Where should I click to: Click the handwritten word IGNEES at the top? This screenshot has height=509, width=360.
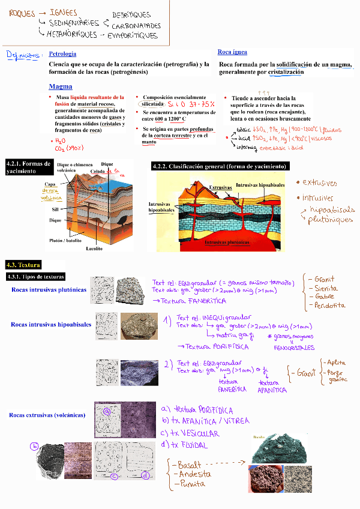pyautogui.click(x=64, y=12)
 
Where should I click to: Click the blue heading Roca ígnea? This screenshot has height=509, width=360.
pyautogui.click(x=232, y=52)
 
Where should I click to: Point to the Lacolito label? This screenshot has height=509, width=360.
pyautogui.click(x=94, y=248)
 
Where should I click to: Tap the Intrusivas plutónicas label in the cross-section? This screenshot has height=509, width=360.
pyautogui.click(x=227, y=242)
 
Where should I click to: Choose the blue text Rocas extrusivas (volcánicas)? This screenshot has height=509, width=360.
pyautogui.click(x=47, y=415)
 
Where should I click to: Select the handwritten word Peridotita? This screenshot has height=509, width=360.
pyautogui.click(x=329, y=305)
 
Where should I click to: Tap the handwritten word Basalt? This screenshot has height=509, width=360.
pyautogui.click(x=190, y=465)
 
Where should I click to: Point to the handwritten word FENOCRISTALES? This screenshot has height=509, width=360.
pyautogui.click(x=293, y=348)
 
